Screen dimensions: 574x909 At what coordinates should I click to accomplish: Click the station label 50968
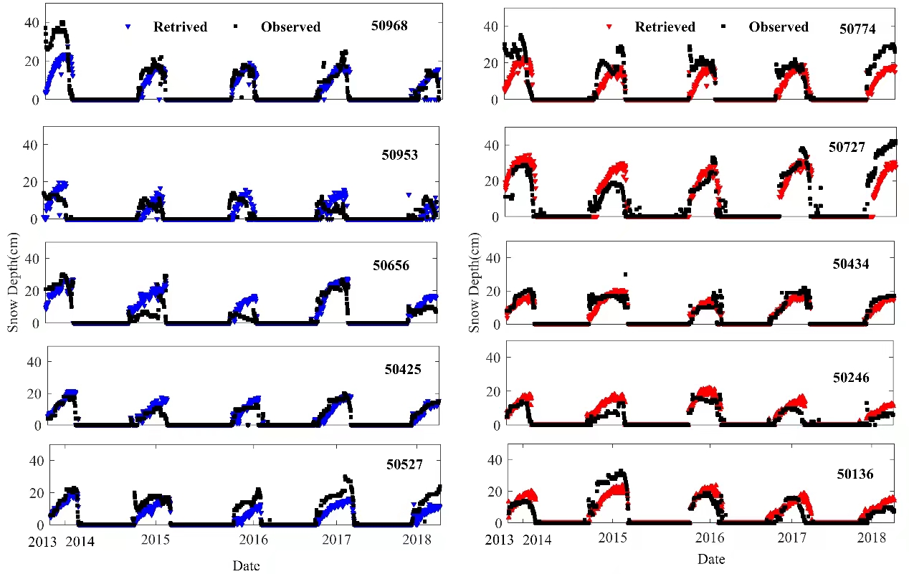point(389,26)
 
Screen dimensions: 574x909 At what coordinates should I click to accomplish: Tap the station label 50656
point(391,265)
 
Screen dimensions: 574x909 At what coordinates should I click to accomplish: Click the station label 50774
point(857,29)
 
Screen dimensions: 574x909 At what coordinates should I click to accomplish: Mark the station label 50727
point(847,147)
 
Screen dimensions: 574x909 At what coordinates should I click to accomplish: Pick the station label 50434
point(851,264)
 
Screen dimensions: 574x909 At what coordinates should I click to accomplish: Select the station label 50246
point(851,377)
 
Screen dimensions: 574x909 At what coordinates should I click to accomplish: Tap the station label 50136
point(855,474)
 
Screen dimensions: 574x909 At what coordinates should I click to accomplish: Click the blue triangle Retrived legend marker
point(128,27)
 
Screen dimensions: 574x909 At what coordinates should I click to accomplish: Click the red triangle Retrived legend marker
point(609,27)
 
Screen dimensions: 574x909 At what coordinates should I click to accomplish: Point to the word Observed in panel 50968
point(290,27)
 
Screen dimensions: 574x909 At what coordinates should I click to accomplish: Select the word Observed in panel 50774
point(779,27)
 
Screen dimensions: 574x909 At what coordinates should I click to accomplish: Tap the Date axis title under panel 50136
point(711,559)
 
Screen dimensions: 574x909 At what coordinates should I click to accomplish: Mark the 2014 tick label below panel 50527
point(80,541)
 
